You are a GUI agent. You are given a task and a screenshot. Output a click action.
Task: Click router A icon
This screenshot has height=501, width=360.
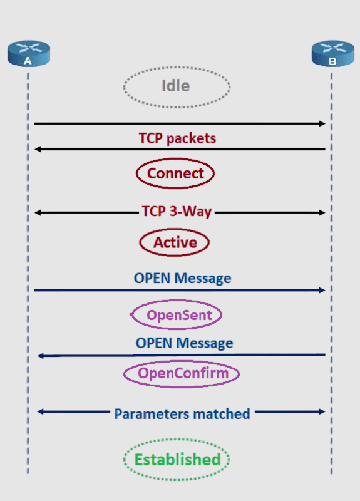coord(27,53)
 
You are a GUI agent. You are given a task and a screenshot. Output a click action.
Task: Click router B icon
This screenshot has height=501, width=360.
coord(332,53)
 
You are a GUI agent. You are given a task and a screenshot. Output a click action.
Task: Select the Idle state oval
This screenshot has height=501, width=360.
coord(177,85)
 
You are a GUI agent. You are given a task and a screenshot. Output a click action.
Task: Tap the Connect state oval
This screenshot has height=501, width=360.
coord(176,173)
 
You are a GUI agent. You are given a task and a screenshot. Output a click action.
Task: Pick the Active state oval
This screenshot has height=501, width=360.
coord(175,242)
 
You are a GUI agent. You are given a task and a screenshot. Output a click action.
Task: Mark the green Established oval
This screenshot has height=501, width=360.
coord(177,460)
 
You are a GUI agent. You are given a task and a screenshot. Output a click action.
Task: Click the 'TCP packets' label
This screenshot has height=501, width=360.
coord(178,138)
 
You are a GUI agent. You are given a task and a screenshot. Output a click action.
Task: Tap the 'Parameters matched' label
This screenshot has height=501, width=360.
coord(182,413)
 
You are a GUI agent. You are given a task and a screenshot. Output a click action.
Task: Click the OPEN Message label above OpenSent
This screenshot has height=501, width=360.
coord(182,277)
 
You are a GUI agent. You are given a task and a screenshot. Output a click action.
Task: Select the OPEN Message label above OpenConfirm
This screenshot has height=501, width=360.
coord(184,343)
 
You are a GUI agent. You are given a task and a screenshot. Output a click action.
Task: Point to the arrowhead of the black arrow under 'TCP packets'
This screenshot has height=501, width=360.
coord(38,149)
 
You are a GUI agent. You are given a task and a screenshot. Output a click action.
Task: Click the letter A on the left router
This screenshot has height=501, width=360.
coord(27,61)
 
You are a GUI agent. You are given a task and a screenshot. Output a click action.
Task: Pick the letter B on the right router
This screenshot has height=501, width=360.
coord(332,61)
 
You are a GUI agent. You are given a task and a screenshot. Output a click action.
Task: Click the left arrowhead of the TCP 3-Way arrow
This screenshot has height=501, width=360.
coord(38,213)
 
